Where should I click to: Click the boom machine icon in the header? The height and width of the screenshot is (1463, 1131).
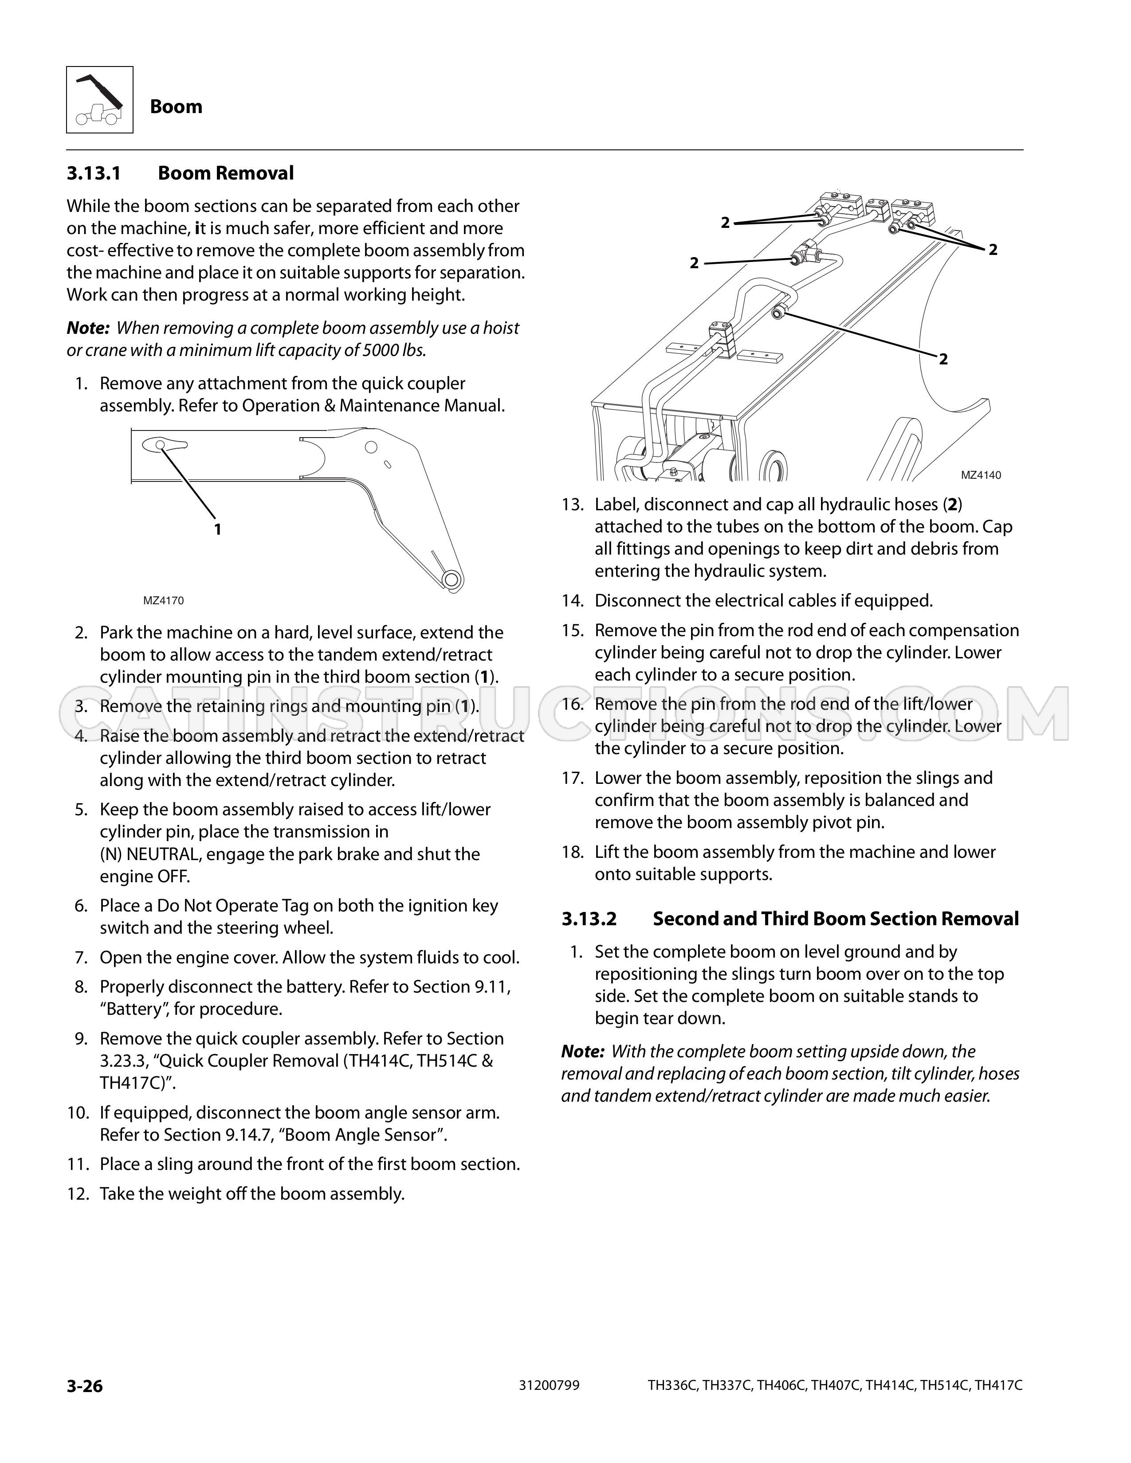point(99,99)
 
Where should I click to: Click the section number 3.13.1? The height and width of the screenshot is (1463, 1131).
point(93,173)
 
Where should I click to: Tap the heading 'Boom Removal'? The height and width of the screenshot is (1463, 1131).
point(226,173)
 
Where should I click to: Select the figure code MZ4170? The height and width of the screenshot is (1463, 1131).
point(164,601)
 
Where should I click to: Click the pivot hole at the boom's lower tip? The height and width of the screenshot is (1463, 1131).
point(453,579)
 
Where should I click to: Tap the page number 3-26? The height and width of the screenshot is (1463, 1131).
point(84,1385)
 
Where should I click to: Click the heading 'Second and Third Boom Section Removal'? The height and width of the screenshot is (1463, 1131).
point(836,919)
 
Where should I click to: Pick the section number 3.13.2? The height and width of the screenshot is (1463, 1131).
point(589,919)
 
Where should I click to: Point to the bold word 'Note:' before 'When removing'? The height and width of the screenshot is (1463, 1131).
point(88,328)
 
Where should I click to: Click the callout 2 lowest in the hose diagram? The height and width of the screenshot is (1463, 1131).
point(943,360)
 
